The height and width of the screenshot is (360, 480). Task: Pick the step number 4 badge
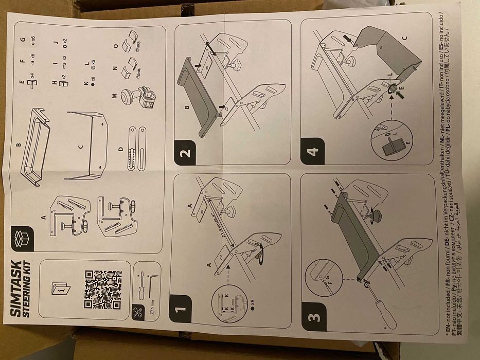tap(312, 152)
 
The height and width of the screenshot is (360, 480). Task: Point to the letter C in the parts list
tap(80, 147)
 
